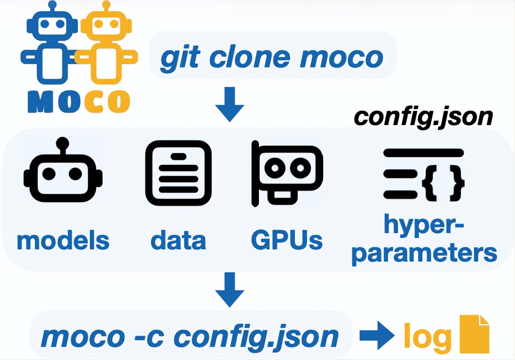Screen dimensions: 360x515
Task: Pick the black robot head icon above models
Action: pyautogui.click(x=63, y=173)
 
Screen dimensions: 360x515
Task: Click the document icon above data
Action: pyautogui.click(x=178, y=173)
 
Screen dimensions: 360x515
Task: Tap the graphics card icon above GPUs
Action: pyautogui.click(x=287, y=173)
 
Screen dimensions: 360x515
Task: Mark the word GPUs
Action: pyautogui.click(x=287, y=240)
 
